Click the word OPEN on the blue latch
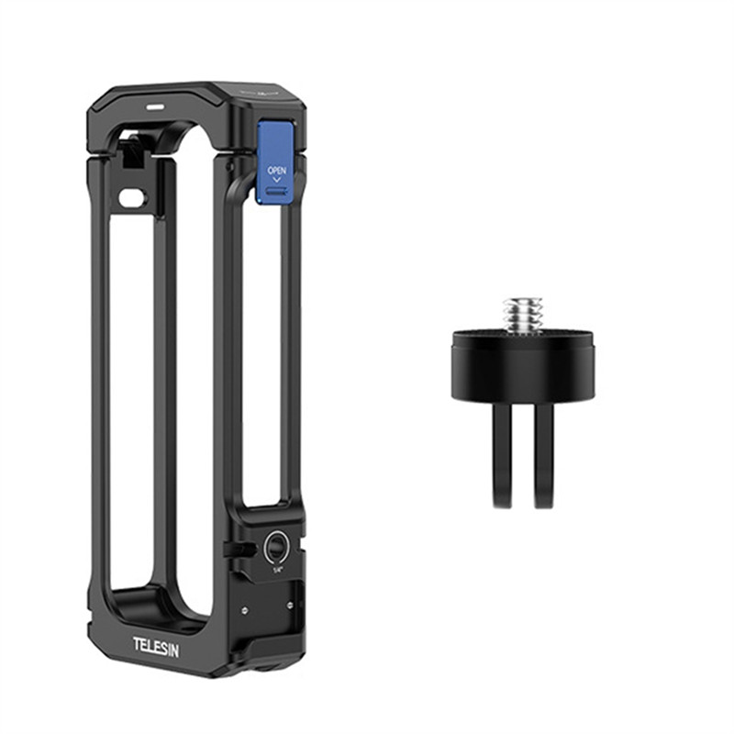pos(276,171)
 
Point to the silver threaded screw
pos(519,312)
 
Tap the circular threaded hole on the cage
pos(273,548)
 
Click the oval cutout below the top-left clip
pos(133,196)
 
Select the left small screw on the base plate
pos(245,608)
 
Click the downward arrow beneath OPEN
pos(276,181)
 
